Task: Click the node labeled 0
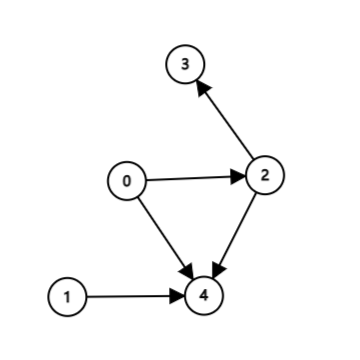click(x=127, y=181)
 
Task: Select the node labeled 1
click(x=67, y=296)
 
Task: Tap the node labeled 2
click(x=265, y=176)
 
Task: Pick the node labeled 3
click(x=185, y=64)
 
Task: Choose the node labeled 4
click(x=204, y=295)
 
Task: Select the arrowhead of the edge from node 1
click(x=178, y=295)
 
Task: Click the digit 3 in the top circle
click(x=185, y=64)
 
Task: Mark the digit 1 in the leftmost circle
click(x=67, y=296)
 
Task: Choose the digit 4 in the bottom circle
click(x=204, y=295)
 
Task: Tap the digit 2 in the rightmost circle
click(x=265, y=176)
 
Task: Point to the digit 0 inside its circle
click(x=127, y=181)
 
